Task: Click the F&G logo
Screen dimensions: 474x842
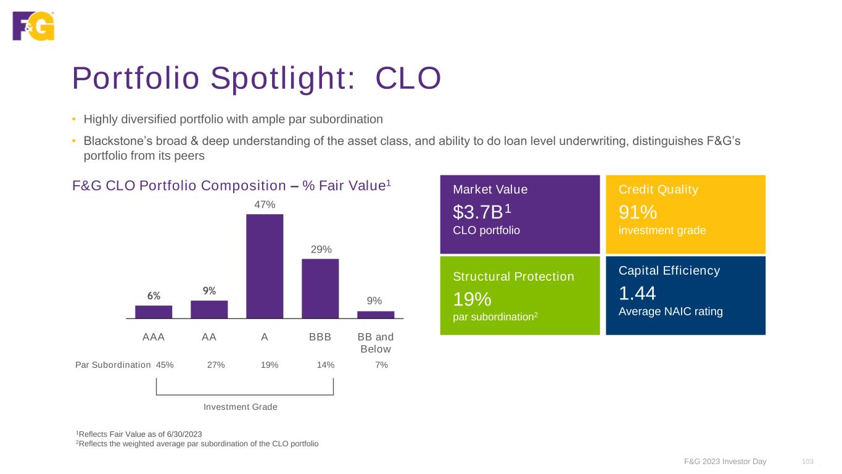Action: (x=33, y=26)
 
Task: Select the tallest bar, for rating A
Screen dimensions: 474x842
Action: (x=265, y=266)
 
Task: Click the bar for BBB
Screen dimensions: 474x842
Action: (x=320, y=288)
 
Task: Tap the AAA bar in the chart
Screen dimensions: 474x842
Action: (x=154, y=312)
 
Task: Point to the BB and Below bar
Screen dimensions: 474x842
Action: (x=376, y=314)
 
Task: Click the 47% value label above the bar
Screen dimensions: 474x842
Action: (x=265, y=204)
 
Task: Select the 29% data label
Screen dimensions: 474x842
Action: (x=321, y=249)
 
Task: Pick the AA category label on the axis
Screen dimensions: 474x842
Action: (x=209, y=337)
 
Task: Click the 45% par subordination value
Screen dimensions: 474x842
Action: (x=165, y=365)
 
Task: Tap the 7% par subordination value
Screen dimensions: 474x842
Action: (x=381, y=365)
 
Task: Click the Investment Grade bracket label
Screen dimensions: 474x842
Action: (x=241, y=407)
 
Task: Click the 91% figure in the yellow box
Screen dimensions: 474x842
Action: (x=637, y=212)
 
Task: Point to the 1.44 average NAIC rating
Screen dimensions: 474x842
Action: (x=637, y=293)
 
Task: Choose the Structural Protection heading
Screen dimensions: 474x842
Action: (x=513, y=276)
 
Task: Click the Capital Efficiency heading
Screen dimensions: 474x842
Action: (x=669, y=270)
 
